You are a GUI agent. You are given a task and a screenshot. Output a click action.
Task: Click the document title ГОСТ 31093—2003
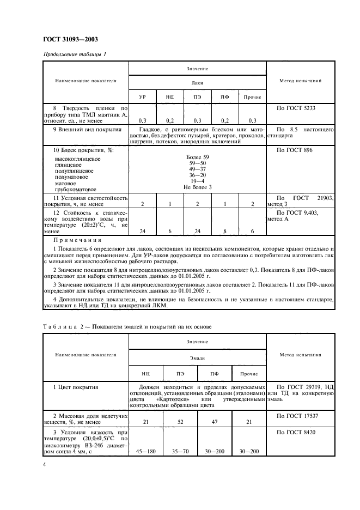click(70, 39)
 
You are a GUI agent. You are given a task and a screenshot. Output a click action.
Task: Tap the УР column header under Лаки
click(142, 97)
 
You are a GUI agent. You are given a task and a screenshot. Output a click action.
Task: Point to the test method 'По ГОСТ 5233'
click(296, 108)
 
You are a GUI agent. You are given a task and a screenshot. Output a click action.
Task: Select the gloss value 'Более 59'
click(197, 157)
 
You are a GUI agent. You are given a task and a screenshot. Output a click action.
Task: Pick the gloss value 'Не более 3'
click(197, 187)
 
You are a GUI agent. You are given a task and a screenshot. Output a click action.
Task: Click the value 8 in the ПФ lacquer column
click(224, 231)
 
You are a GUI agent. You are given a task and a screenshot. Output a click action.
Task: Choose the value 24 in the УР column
click(142, 231)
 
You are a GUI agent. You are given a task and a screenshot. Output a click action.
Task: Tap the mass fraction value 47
click(215, 422)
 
